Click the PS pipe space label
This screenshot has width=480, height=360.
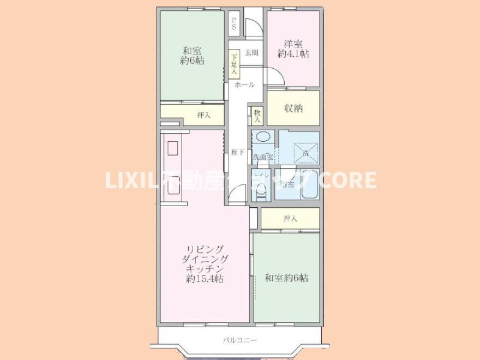pos(234,23)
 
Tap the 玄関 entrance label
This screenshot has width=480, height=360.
pos(251,53)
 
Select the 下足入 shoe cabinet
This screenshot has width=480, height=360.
pos(234,64)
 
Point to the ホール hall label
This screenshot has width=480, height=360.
pos(244,86)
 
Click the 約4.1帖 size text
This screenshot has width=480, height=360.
pos(293,54)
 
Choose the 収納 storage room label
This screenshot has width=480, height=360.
pos(293,108)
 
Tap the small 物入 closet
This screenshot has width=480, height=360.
pos(257,115)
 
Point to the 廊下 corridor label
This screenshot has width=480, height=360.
pos(237,152)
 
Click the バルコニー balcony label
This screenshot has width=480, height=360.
pos(239,340)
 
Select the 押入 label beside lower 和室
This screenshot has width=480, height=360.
pos(290,219)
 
